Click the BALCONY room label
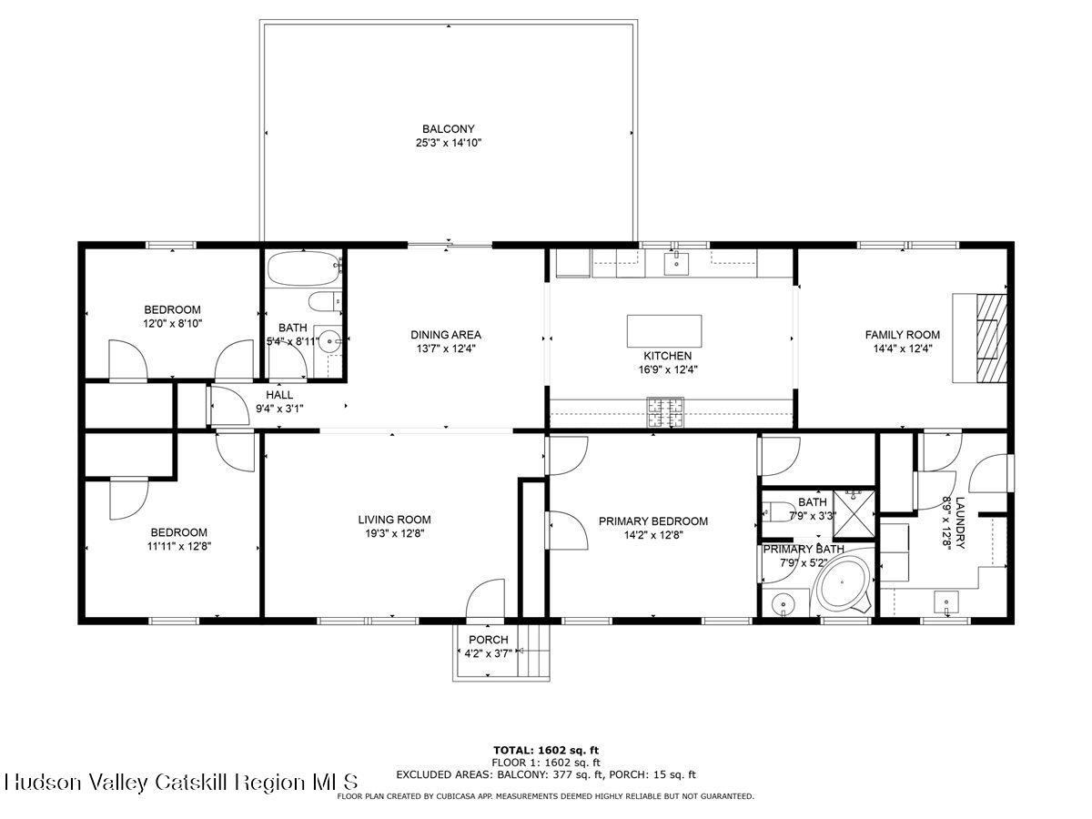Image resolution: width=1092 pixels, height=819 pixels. pos(448,129)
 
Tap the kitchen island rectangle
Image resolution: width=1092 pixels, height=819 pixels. pos(663,330)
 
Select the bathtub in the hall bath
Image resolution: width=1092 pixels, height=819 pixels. pos(305,268)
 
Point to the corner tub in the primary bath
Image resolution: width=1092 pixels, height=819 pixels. pos(844,585)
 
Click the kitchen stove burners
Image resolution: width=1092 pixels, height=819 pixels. pos(664,412)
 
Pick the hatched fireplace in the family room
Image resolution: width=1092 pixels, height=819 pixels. pos(992,339)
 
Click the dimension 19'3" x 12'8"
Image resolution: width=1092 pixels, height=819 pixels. pos(394,533)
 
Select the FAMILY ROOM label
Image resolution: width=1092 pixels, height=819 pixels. pos(902,335)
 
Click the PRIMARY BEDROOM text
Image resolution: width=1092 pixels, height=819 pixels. pos(652,521)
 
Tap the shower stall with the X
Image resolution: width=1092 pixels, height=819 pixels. pos(854,513)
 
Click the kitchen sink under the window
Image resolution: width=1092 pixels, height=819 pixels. pos(676,263)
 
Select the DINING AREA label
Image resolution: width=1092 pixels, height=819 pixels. pos(445,335)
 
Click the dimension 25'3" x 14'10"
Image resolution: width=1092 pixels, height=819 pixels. pos(449,143)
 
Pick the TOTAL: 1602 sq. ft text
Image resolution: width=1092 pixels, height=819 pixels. pos(546,750)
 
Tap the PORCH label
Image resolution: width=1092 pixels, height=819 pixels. pos(488,640)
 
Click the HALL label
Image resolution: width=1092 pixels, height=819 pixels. pos(279,395)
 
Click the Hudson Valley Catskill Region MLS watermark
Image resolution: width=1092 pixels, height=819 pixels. pos(180,783)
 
